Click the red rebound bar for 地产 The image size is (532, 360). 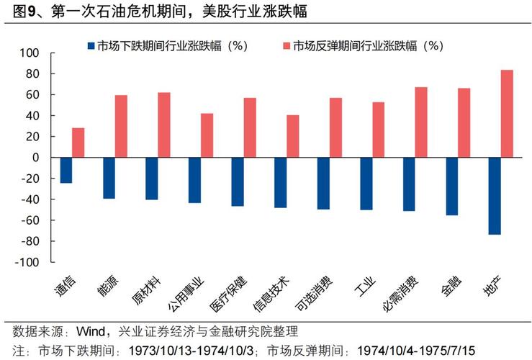click(x=507, y=113)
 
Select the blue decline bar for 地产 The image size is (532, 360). click(x=495, y=196)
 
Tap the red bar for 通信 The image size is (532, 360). click(x=78, y=143)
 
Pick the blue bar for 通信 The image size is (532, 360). click(x=66, y=170)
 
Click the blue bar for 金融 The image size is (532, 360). click(x=451, y=186)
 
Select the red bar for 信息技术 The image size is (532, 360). click(x=292, y=136)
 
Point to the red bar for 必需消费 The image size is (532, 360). click(x=421, y=122)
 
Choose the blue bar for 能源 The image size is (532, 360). click(x=109, y=178)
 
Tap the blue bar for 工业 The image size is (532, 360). click(x=366, y=184)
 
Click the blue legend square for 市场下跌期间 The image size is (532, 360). click(x=90, y=45)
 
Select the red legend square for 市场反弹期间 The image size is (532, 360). click(x=286, y=45)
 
